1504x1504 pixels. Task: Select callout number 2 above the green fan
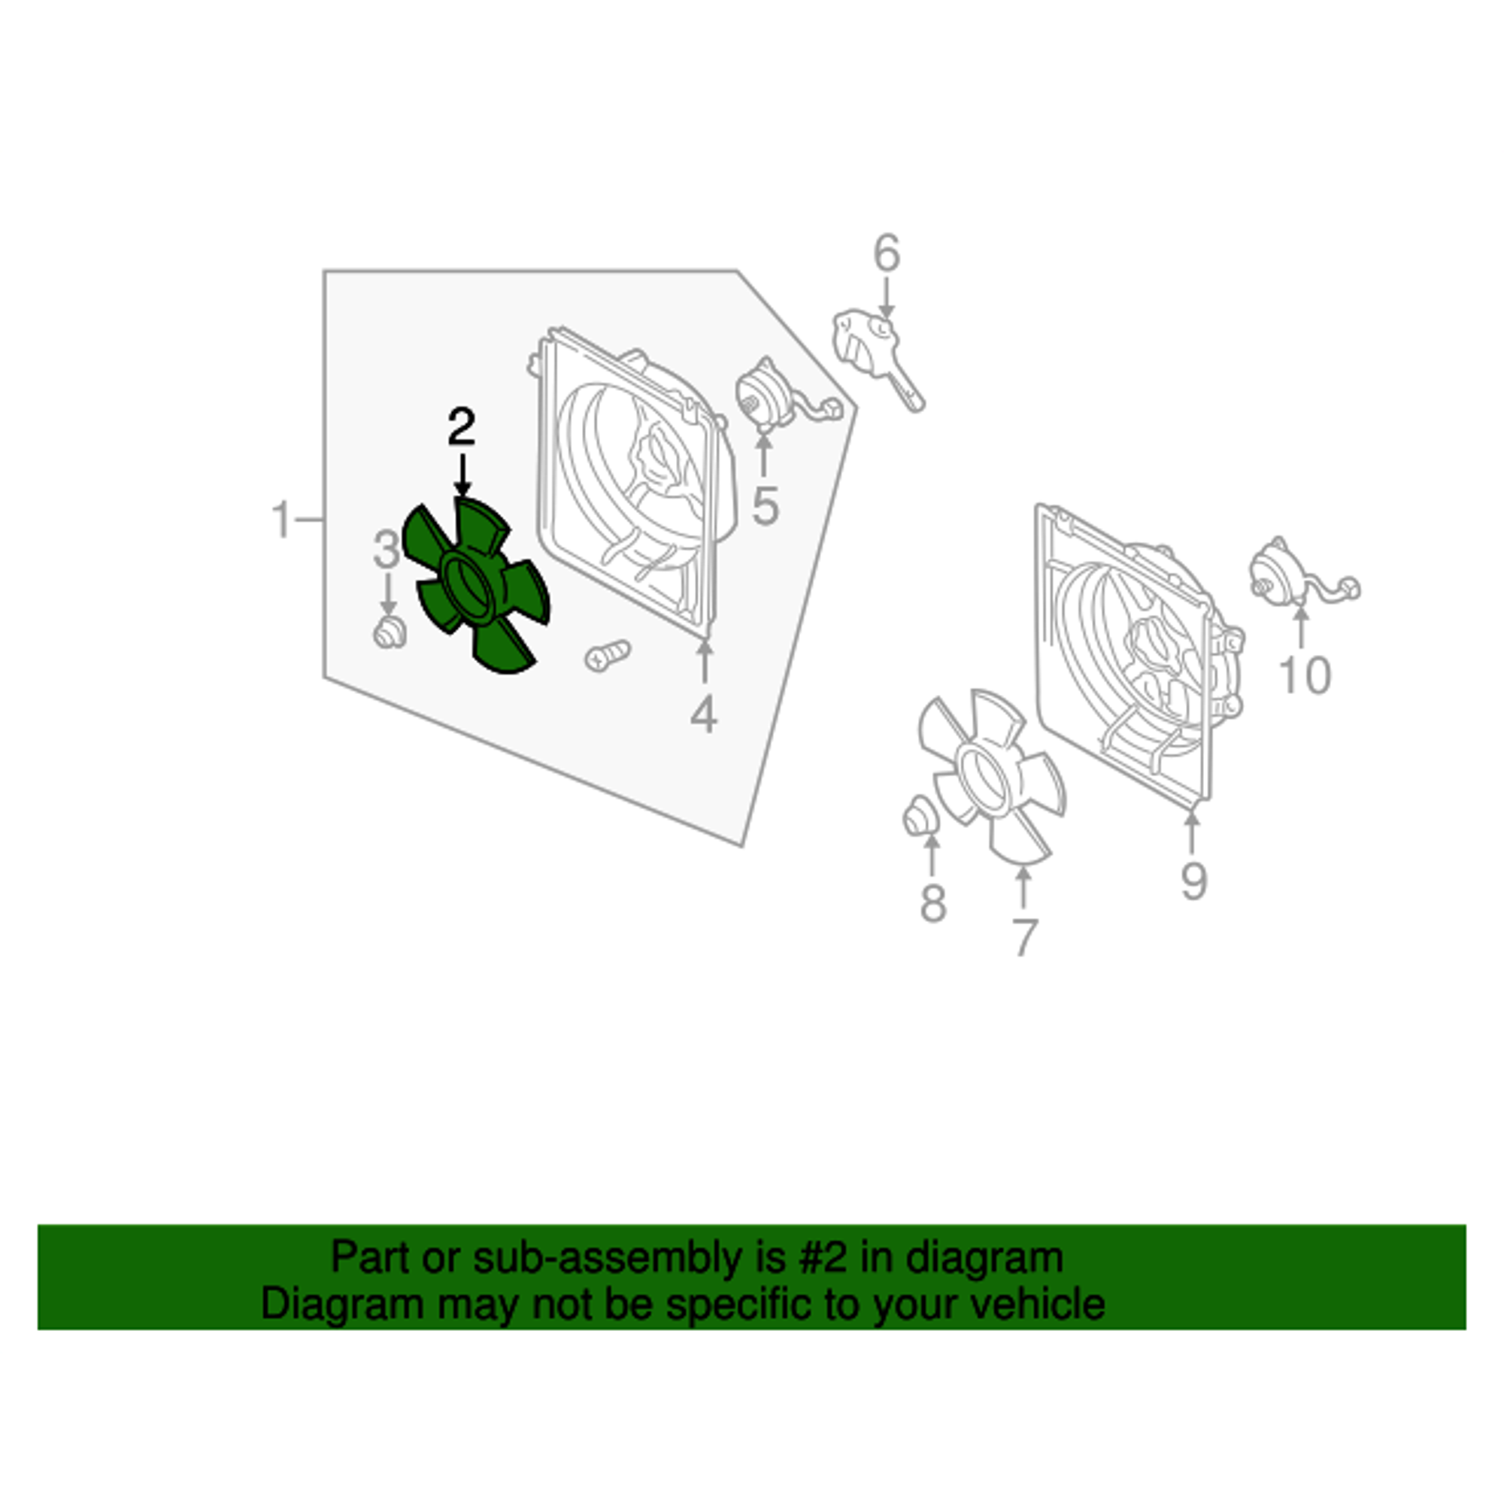462,427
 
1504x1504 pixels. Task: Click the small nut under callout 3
390,632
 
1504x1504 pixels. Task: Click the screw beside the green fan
607,656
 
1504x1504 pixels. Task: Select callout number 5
766,506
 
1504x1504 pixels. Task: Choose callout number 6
887,253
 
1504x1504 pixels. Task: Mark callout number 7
1024,937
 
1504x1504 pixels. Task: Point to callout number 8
932,904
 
